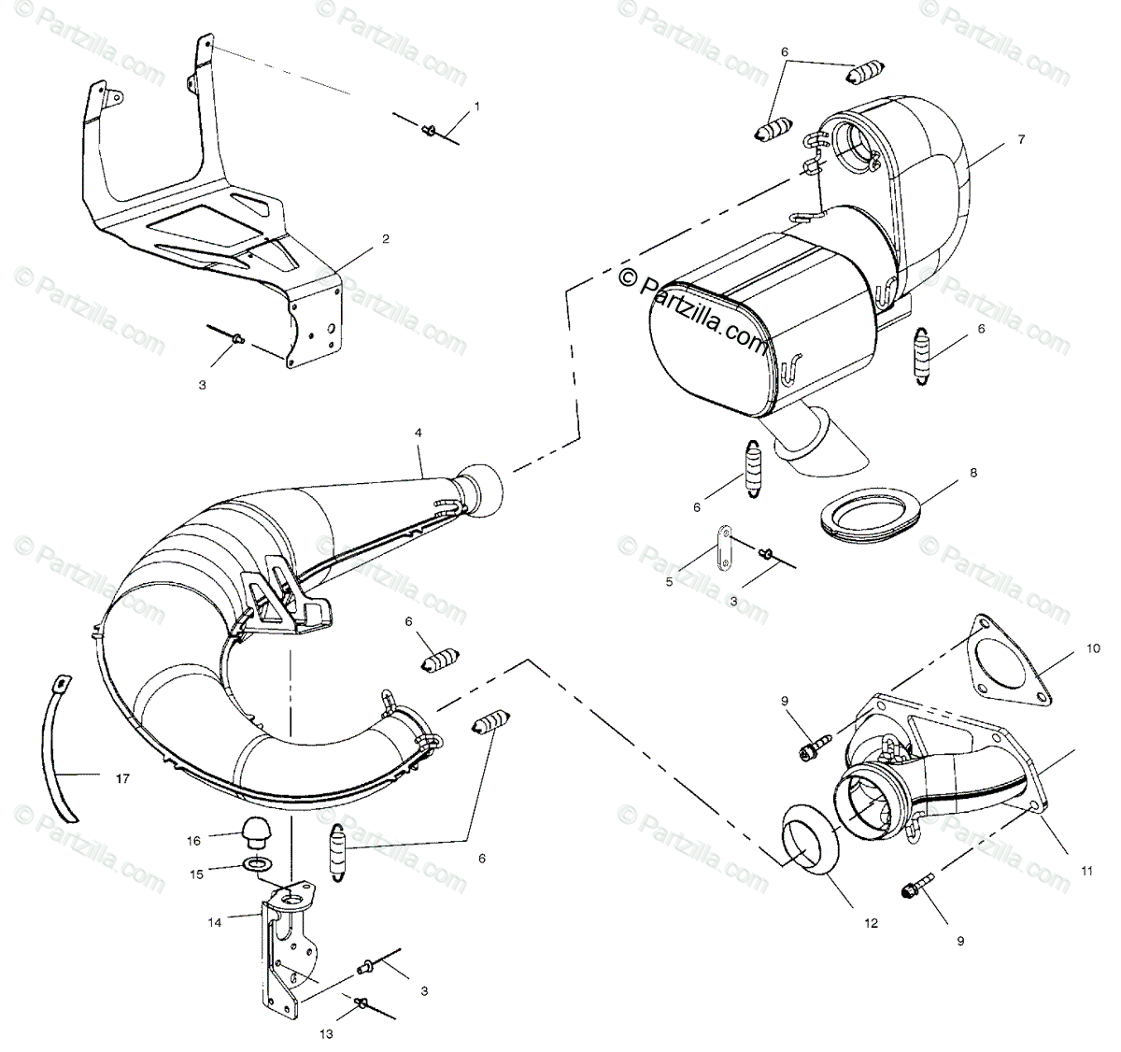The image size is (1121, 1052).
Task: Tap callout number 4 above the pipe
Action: (419, 434)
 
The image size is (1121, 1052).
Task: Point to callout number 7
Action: (1021, 139)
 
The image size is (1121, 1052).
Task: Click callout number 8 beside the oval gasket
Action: (973, 473)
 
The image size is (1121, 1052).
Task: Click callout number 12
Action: (871, 924)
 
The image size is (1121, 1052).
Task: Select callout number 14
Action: (214, 920)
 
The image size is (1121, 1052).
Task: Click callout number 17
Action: (123, 777)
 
